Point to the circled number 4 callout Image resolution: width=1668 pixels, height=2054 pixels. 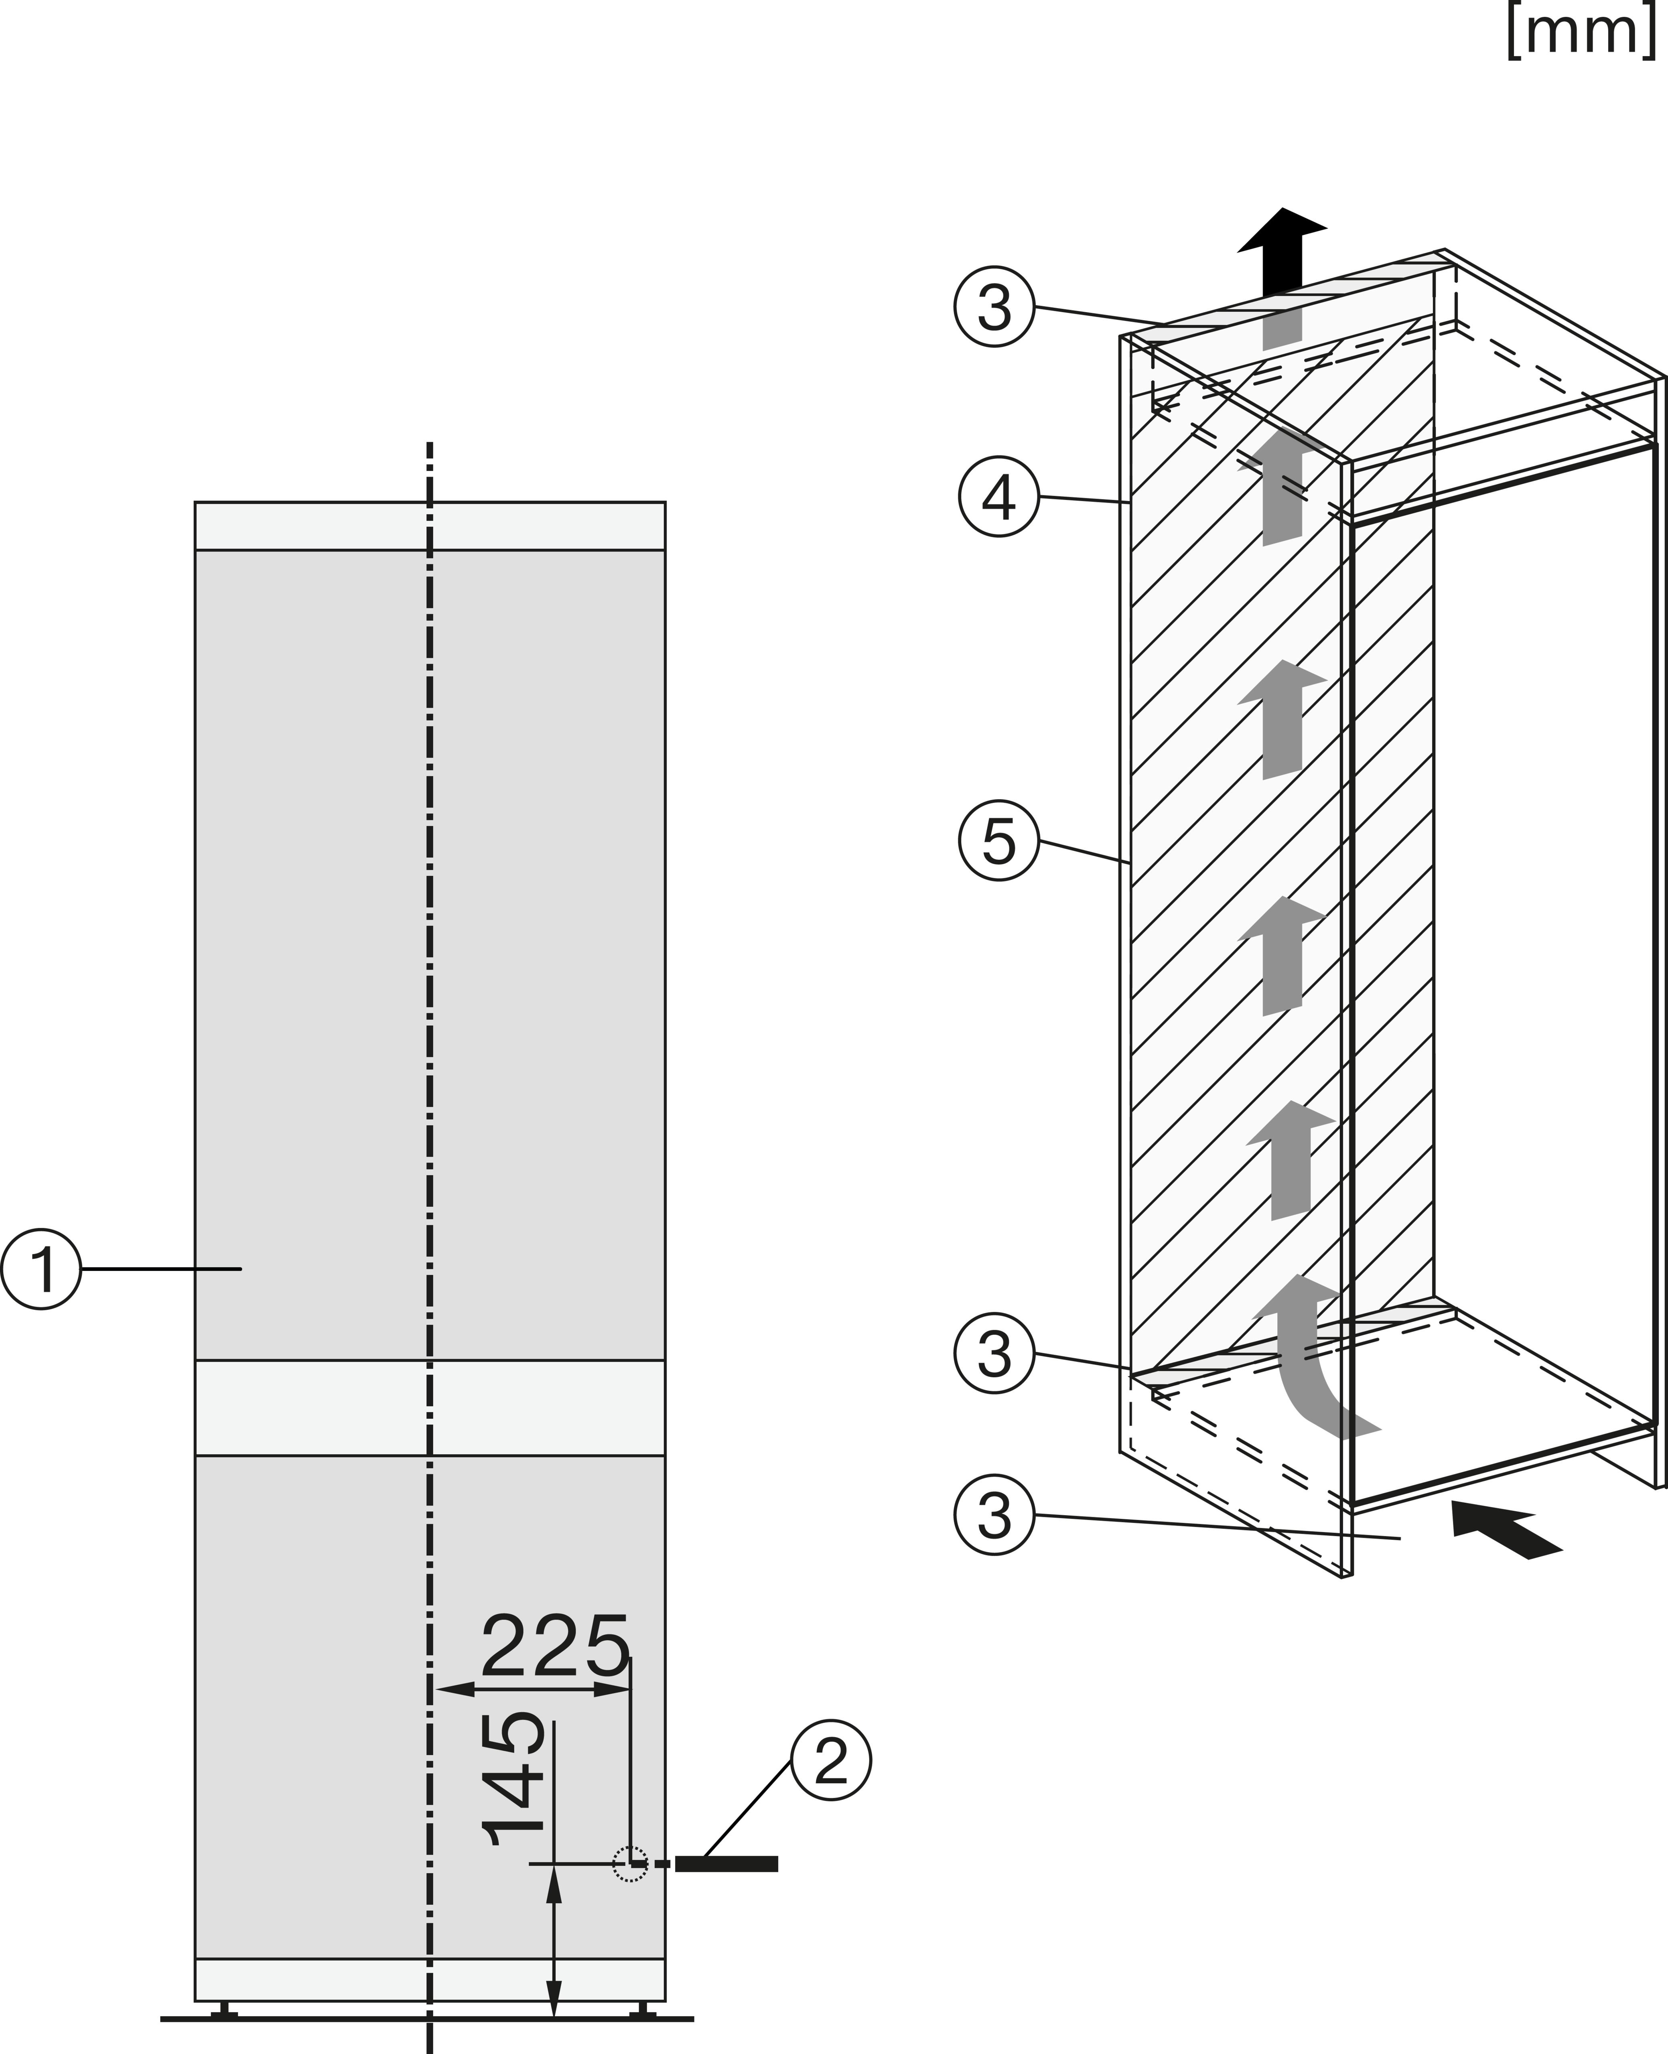click(x=999, y=497)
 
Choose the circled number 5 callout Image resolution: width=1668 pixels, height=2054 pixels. click(x=999, y=842)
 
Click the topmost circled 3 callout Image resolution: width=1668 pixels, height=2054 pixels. click(x=994, y=307)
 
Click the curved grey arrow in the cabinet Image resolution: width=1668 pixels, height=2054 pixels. click(x=1316, y=1355)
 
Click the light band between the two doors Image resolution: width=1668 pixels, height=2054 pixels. click(x=430, y=1407)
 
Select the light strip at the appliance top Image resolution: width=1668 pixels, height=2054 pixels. click(x=430, y=526)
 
